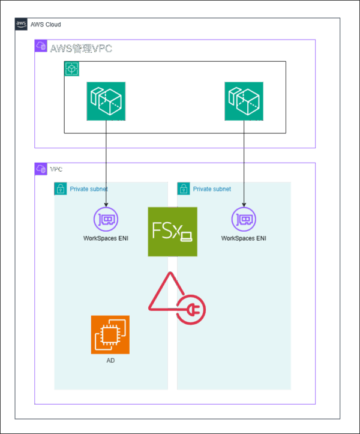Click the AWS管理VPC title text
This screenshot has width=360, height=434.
[x=80, y=49]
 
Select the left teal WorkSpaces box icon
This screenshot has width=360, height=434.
[x=106, y=101]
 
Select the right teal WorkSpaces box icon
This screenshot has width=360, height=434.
[x=244, y=101]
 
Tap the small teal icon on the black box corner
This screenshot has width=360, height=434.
[x=70, y=69]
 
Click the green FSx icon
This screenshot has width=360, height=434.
[x=172, y=232]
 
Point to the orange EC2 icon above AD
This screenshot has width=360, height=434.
[x=110, y=334]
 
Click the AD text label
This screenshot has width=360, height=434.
[x=110, y=361]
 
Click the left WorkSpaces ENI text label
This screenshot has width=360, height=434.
[x=106, y=238]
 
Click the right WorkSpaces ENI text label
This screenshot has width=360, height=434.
[x=244, y=238]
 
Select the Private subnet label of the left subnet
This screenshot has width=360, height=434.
[x=89, y=189]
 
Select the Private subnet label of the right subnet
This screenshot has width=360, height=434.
[x=212, y=189]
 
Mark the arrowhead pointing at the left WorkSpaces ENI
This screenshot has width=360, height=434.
[x=106, y=204]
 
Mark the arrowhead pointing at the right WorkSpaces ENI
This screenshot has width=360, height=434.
[x=244, y=204]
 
